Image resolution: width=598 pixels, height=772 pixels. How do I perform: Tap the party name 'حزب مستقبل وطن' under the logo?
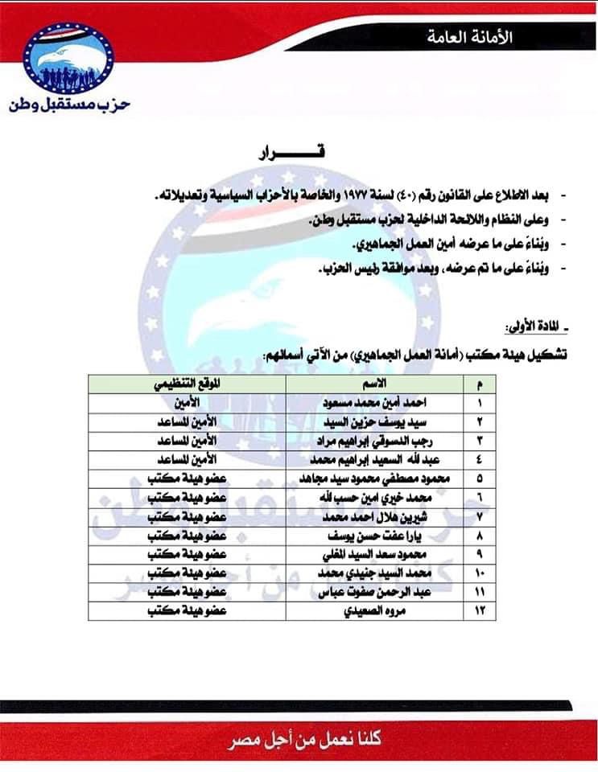click(69, 105)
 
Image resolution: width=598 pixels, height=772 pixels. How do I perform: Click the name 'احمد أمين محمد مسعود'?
click(376, 400)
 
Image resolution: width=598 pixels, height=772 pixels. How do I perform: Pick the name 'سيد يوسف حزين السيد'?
click(376, 421)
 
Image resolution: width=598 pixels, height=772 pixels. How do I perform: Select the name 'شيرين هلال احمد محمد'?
click(376, 515)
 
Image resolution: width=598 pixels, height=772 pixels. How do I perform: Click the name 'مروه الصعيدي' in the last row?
click(376, 612)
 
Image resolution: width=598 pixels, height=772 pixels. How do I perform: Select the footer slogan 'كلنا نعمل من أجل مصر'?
click(299, 738)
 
